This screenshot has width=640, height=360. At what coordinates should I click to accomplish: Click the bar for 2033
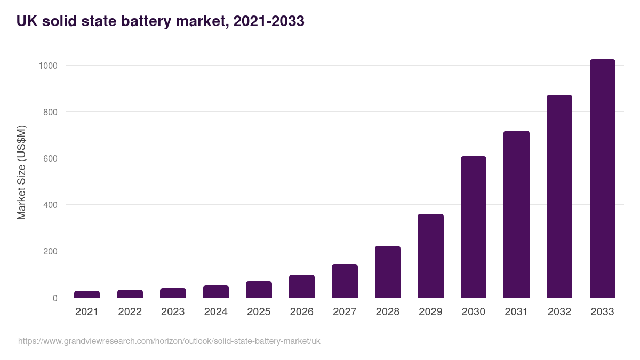coord(602,179)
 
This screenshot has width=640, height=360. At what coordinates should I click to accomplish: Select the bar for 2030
coord(474,227)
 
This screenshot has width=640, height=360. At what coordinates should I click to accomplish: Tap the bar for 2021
coord(87,294)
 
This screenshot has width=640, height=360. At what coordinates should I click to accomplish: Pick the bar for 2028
coord(388,272)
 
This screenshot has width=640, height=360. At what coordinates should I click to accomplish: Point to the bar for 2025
coord(259,290)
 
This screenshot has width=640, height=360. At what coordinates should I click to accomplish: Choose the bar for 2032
coord(559,196)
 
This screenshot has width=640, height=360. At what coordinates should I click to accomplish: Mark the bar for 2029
coord(430,256)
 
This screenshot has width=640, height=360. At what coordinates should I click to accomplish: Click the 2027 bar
coord(345,281)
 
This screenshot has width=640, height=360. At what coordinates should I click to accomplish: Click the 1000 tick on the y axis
coord(47,66)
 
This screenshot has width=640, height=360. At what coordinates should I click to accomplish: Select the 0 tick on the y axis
coord(54,298)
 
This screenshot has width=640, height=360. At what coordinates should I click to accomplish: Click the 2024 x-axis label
coord(215,312)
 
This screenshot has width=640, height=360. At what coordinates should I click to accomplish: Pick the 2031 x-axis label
coord(516,312)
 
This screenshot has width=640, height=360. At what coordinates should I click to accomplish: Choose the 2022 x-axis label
coord(130,312)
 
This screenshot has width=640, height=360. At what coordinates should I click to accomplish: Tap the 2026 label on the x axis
coord(301,312)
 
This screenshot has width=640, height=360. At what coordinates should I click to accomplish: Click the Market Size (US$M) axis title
coord(21,172)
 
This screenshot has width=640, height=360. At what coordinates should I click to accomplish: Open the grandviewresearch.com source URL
coord(169,341)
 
